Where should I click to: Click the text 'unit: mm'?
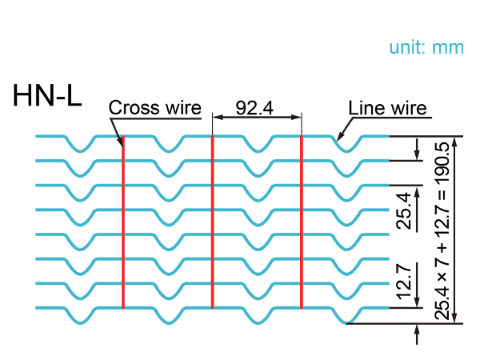click(426, 47)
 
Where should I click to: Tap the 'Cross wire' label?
click(154, 108)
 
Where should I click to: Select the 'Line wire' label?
click(387, 108)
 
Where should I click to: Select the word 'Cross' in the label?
click(130, 108)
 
